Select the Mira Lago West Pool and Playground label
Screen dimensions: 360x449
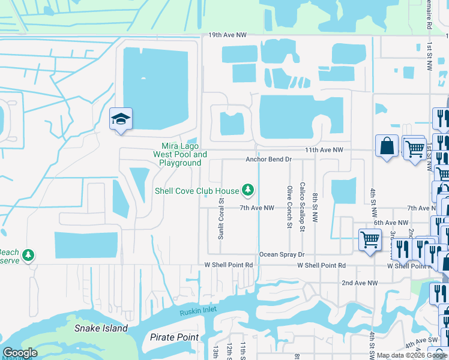pyautogui.click(x=180, y=154)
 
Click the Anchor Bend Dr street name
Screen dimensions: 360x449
pyautogui.click(x=268, y=160)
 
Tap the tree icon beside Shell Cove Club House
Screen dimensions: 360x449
pyautogui.click(x=247, y=191)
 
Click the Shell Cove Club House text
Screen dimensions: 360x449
pyautogui.click(x=196, y=191)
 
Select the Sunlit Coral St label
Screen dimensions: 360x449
pyautogui.click(x=221, y=217)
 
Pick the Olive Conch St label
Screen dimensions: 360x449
pyautogui.click(x=289, y=207)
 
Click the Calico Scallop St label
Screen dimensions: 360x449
pyautogui.click(x=303, y=207)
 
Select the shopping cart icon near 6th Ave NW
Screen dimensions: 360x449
pyautogui.click(x=370, y=240)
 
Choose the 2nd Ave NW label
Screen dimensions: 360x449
pyautogui.click(x=360, y=283)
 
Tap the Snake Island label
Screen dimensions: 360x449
pyautogui.click(x=101, y=328)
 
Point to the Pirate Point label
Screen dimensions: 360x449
pyautogui.click(x=174, y=337)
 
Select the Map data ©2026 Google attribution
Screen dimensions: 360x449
pyautogui.click(x=412, y=355)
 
